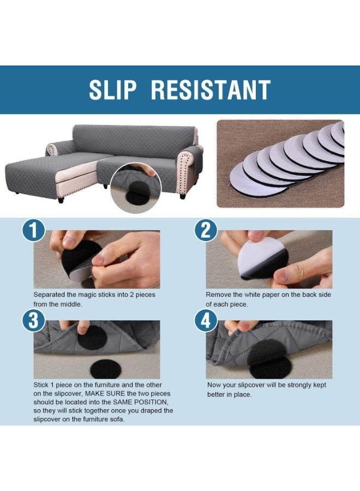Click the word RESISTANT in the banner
tap(211, 90)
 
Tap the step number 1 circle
tap(33, 230)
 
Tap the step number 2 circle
tap(206, 230)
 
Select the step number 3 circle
tap(33, 320)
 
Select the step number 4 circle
tap(206, 320)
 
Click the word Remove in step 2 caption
tap(219, 295)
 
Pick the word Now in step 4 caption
tap(214, 385)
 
